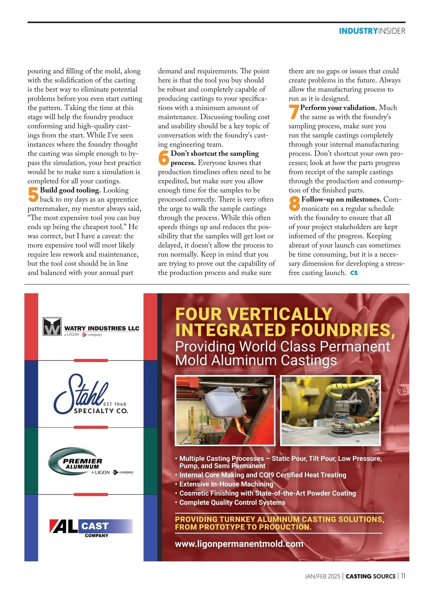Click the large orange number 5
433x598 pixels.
tap(33, 195)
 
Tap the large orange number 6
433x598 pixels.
tap(164, 158)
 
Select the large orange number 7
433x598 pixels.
tap(294, 112)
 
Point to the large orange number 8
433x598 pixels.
tap(294, 204)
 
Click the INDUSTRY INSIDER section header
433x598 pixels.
tap(372, 31)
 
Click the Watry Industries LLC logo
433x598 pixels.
tap(91, 327)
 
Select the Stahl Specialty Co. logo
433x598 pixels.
tap(91, 395)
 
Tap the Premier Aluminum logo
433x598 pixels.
tap(91, 462)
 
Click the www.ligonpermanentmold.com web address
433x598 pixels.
tap(239, 544)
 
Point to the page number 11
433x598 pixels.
tap(403, 576)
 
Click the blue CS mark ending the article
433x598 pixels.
tap(354, 273)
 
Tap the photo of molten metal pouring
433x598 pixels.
tap(225, 410)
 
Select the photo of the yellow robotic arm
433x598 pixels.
tap(331, 410)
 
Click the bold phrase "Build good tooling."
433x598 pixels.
tap(70, 190)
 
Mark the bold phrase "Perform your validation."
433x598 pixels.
tap(338, 108)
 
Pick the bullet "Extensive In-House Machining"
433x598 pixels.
tap(226, 484)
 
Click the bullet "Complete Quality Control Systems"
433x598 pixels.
tap(232, 502)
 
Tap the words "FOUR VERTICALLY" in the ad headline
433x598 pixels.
tap(254, 314)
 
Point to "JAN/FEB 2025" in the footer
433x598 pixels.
tap(322, 576)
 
